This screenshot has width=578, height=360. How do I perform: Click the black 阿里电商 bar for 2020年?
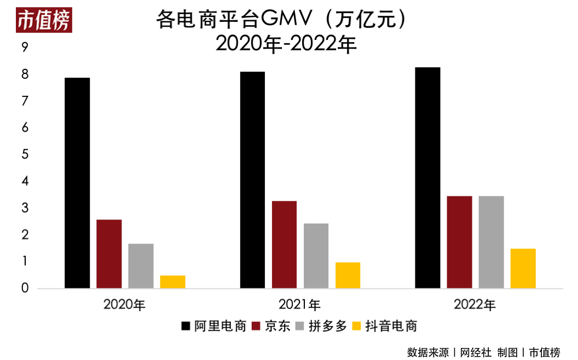pos(77,183)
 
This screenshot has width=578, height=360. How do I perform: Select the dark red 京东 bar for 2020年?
pos(109,254)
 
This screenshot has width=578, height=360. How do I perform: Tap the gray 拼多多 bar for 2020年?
pos(141,266)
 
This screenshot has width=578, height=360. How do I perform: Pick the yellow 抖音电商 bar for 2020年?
pos(172,282)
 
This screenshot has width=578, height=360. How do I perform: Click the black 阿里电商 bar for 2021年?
pos(252,180)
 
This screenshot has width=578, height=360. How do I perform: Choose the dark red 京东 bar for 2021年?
pos(284,245)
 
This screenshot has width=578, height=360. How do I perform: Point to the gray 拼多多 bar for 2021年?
pos(316,256)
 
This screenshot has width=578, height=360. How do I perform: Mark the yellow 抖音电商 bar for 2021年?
pos(348,275)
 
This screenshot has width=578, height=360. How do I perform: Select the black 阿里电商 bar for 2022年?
pos(427,178)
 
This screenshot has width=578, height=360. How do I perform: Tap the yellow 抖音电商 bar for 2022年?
pos(523,269)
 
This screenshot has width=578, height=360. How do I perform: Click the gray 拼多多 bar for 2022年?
pos(491,242)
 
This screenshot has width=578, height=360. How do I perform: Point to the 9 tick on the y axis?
pos(25,48)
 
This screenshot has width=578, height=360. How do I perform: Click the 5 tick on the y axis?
pos(25,155)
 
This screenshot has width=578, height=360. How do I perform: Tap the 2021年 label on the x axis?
pos(299,305)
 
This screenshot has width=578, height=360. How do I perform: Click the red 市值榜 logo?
pos(44,21)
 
